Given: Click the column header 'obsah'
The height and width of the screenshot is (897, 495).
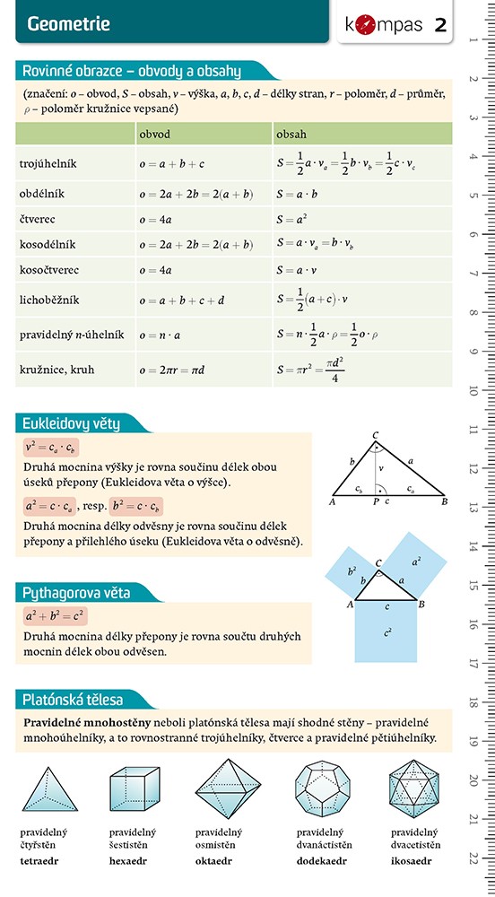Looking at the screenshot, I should [292, 134].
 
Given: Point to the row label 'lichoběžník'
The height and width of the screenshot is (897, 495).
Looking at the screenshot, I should [51, 300].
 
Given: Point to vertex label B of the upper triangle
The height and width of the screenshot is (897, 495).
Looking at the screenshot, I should [444, 502].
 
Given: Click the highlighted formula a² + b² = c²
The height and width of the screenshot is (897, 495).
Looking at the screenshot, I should [55, 616].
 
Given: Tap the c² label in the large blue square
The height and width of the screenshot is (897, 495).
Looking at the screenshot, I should [386, 632].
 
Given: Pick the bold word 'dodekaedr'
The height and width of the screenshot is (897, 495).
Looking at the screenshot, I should [320, 860].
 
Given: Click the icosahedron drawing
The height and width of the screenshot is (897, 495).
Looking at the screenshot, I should [414, 788].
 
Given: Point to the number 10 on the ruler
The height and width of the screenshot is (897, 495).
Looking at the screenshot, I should [472, 392].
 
